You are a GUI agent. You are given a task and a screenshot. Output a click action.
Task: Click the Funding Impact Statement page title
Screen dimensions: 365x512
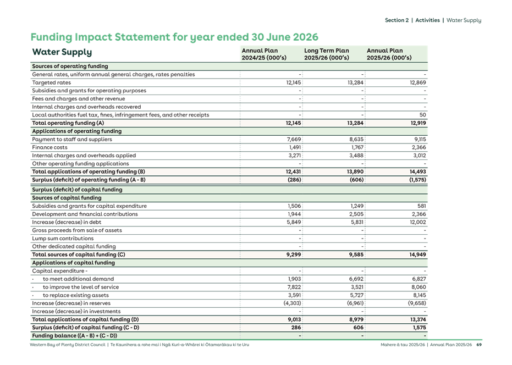(x=175, y=37)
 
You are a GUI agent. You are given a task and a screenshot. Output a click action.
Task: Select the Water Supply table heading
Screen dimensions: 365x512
(x=62, y=53)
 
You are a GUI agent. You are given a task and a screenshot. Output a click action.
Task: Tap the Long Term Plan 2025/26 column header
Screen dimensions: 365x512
(x=327, y=54)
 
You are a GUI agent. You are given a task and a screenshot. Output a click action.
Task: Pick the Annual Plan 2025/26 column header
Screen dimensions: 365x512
(x=389, y=54)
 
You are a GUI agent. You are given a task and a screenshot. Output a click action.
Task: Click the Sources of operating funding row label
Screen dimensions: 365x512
(x=70, y=66)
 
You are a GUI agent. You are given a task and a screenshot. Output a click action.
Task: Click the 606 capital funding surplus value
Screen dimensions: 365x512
(x=359, y=327)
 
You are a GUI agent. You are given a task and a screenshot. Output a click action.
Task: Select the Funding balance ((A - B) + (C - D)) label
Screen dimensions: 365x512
(x=74, y=335)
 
